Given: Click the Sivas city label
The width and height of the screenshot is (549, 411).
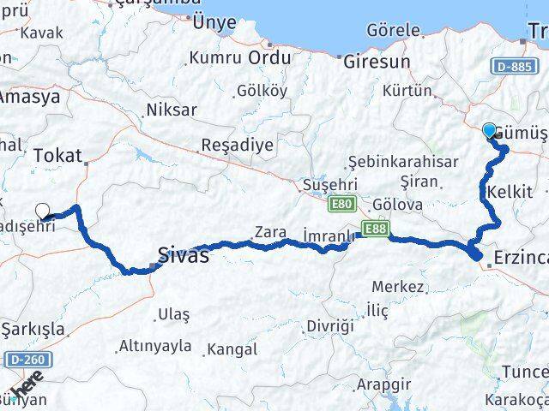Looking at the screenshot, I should [x=183, y=254].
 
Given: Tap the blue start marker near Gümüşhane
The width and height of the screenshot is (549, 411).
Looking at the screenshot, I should [x=489, y=130].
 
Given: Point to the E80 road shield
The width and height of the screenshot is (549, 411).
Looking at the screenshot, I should [x=340, y=204].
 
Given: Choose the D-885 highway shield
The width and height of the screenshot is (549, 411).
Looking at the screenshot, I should [x=514, y=65].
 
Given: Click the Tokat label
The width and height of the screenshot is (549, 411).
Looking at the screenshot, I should [x=57, y=155].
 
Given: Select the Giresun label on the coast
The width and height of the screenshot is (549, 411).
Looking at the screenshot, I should [x=376, y=62].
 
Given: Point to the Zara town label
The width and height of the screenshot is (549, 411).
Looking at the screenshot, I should [x=268, y=230].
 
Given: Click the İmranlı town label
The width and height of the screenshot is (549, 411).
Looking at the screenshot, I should [x=329, y=235].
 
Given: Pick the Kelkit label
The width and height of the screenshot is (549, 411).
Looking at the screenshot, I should [x=509, y=191].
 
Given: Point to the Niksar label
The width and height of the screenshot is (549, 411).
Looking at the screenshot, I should [x=171, y=110].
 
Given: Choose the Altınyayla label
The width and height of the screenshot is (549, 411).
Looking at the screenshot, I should [x=155, y=347].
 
